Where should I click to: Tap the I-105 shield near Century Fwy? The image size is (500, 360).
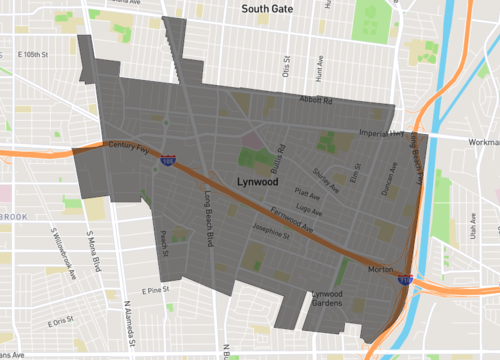point(169,159)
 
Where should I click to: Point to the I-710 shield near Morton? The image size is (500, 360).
point(405,281)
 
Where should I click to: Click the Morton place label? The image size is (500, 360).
point(380,270)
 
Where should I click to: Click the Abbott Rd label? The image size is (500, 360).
point(317,99)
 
